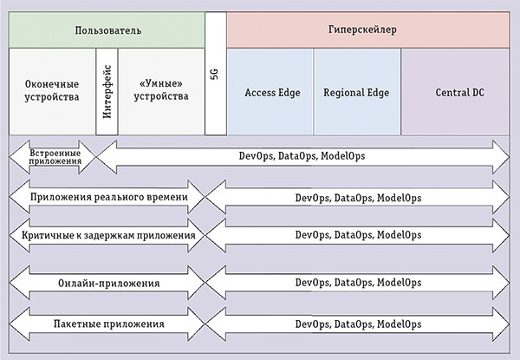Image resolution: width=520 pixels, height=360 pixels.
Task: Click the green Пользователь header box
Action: pyautogui.click(x=107, y=29)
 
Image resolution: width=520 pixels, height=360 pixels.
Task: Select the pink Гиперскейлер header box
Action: pyautogui.click(x=368, y=29)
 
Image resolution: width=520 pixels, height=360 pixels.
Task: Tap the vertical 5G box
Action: pyautogui.click(x=215, y=75)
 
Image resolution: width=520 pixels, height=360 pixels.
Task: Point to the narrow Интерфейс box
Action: pyautogui.click(x=107, y=90)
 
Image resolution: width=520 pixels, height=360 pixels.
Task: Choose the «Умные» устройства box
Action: pyautogui.click(x=162, y=90)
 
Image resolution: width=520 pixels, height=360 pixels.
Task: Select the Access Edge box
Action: pyautogui.click(x=270, y=91)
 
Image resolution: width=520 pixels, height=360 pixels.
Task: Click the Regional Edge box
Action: pyautogui.click(x=357, y=91)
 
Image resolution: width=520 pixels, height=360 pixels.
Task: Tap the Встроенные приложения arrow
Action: pyautogui.click(x=52, y=156)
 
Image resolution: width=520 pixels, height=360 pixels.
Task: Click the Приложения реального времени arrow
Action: pyautogui.click(x=107, y=197)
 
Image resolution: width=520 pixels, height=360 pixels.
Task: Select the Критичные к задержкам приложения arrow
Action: pyautogui.click(x=107, y=234)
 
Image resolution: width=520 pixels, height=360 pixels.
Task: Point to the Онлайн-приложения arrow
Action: pyautogui.click(x=107, y=283)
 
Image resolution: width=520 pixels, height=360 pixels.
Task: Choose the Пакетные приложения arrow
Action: pyautogui.click(x=107, y=324)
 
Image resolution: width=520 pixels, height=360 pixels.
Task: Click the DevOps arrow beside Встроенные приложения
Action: pyautogui.click(x=303, y=156)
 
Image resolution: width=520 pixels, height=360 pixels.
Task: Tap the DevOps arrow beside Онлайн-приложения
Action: pyautogui.click(x=358, y=283)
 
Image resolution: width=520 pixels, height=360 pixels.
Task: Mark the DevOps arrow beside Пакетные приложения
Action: pyautogui.click(x=358, y=324)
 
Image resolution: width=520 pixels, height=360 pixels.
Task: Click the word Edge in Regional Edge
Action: pyautogui.click(x=378, y=91)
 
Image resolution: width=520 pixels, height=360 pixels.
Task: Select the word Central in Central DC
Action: pyautogui.click(x=449, y=91)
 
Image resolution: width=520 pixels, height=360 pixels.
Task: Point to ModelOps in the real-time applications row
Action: pyautogui.click(x=400, y=197)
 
